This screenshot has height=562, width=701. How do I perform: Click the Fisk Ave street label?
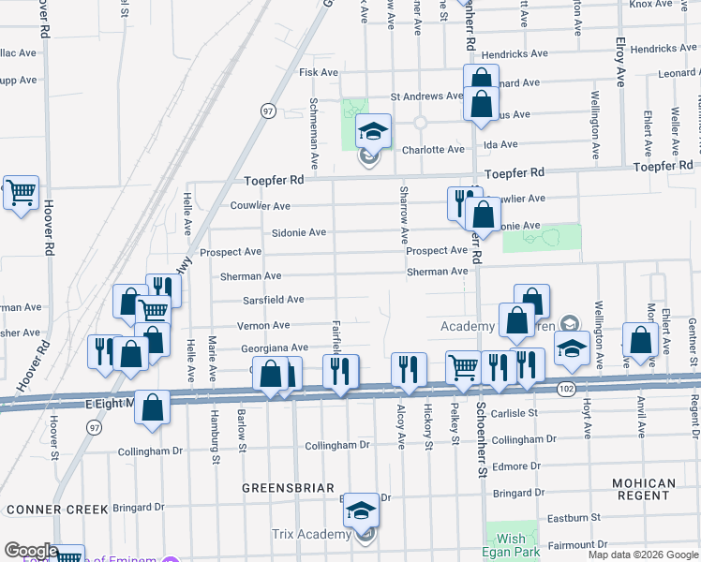click(318, 72)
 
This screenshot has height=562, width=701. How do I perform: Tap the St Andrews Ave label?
click(426, 96)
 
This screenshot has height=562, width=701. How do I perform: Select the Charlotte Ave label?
click(433, 150)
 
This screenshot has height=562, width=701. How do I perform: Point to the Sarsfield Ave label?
click(274, 300)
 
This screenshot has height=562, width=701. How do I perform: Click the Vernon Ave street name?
click(262, 325)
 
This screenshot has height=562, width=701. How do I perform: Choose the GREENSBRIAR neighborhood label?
click(282, 488)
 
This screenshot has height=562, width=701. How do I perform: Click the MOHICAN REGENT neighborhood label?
click(644, 490)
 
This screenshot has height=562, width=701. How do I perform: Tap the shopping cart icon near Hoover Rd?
click(21, 193)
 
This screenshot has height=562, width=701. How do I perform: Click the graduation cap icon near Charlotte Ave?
click(373, 133)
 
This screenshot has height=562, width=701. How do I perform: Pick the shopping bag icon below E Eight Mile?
click(152, 408)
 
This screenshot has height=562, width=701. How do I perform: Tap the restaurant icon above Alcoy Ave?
click(409, 371)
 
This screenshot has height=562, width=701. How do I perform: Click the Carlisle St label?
click(513, 412)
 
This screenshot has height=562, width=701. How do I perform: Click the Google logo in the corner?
click(31, 551)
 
